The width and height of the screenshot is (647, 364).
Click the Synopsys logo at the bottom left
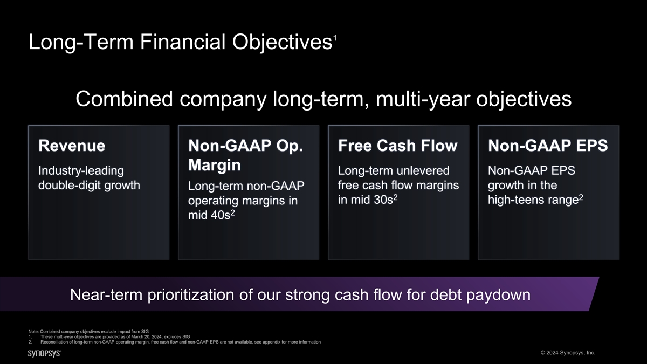(x=44, y=353)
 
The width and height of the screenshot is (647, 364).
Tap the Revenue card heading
(x=72, y=145)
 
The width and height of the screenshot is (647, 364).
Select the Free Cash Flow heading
(x=398, y=145)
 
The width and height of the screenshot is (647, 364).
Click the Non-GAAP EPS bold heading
(x=548, y=145)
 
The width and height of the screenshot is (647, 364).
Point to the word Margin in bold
(x=215, y=165)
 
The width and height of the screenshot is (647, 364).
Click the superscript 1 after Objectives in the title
(x=335, y=38)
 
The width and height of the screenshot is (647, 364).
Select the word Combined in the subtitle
(x=124, y=99)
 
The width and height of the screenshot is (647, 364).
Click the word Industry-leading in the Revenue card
(x=81, y=171)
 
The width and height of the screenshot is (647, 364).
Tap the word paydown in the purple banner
(x=498, y=295)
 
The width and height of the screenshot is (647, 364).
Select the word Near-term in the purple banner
(x=106, y=294)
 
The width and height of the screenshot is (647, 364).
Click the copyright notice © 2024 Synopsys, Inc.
(x=568, y=353)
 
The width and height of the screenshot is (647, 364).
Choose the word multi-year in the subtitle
(x=423, y=99)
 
